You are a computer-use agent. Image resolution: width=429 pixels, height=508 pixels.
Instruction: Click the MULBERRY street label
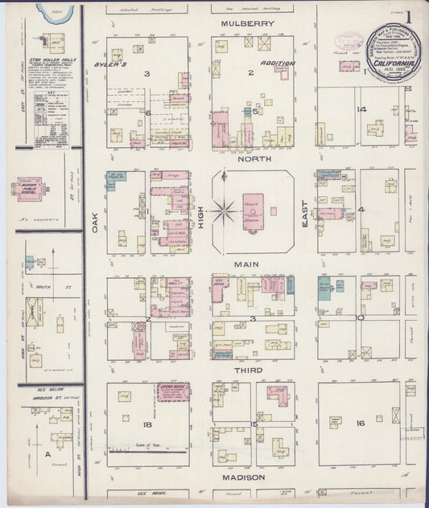248,24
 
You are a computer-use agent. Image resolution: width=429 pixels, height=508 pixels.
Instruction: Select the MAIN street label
251,264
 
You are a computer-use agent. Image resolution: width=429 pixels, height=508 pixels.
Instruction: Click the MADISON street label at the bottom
251,477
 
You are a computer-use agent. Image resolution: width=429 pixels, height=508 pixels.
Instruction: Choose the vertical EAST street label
306,212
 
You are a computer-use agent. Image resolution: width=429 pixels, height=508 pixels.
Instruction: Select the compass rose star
225,212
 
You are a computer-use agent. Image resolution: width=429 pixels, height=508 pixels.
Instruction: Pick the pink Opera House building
174,391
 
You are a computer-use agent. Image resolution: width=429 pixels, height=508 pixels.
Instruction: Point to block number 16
360,423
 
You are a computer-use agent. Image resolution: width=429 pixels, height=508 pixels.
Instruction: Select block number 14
362,109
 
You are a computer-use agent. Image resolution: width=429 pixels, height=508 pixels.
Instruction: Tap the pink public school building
33,189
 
